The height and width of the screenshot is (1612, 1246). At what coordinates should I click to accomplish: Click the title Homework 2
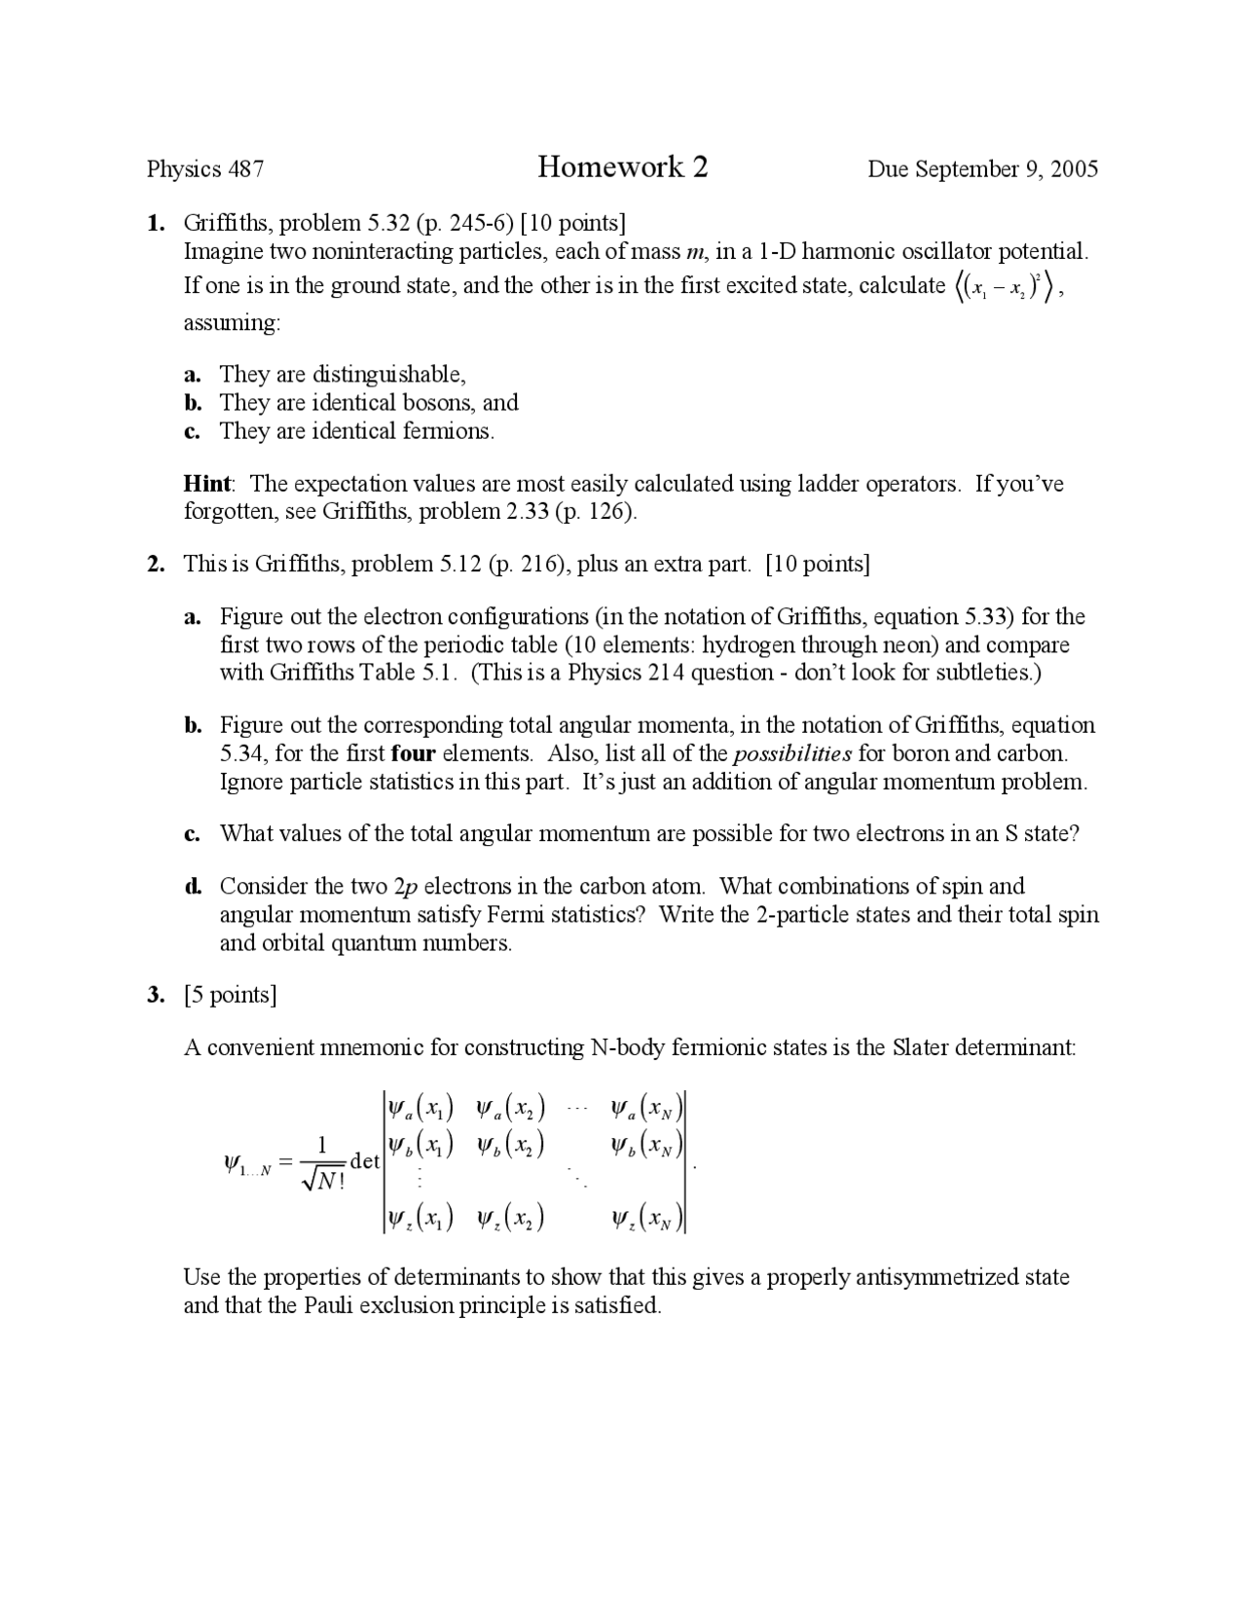coord(622,167)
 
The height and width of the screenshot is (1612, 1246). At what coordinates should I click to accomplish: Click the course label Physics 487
coord(205,169)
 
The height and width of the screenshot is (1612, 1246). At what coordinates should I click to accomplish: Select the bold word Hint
coord(207,484)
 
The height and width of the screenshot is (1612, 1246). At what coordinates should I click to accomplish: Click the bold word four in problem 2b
coord(413,753)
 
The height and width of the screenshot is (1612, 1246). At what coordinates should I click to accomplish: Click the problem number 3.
coord(155,995)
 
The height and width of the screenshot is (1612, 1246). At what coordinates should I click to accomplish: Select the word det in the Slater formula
coord(364,1161)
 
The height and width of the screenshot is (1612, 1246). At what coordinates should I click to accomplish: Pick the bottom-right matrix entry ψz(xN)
coord(647,1218)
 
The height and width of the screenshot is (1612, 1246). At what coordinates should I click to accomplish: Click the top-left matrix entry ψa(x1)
coord(420,1108)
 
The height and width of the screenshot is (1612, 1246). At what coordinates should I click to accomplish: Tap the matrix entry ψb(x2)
coord(509,1145)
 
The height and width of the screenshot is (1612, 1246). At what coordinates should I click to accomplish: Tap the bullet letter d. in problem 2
coord(193,886)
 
